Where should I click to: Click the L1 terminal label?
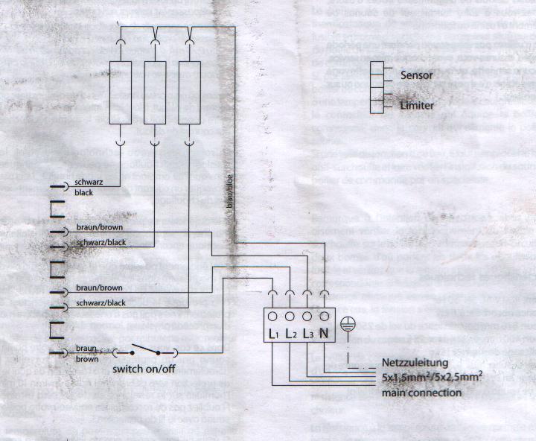[275, 334]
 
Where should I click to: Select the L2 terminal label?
[291, 334]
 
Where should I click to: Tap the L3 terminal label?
[308, 334]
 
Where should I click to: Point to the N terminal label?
[325, 333]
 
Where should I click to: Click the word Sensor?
[416, 75]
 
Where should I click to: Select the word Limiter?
[416, 106]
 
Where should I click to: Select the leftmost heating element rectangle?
[121, 92]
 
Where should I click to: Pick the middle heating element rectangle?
[155, 92]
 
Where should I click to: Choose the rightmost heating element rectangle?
[190, 92]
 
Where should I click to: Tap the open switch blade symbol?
[144, 349]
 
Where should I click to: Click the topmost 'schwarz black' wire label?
[89, 187]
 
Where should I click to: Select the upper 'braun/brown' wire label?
[99, 227]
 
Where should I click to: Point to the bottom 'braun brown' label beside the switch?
[86, 353]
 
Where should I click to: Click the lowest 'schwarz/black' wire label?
[100, 302]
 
